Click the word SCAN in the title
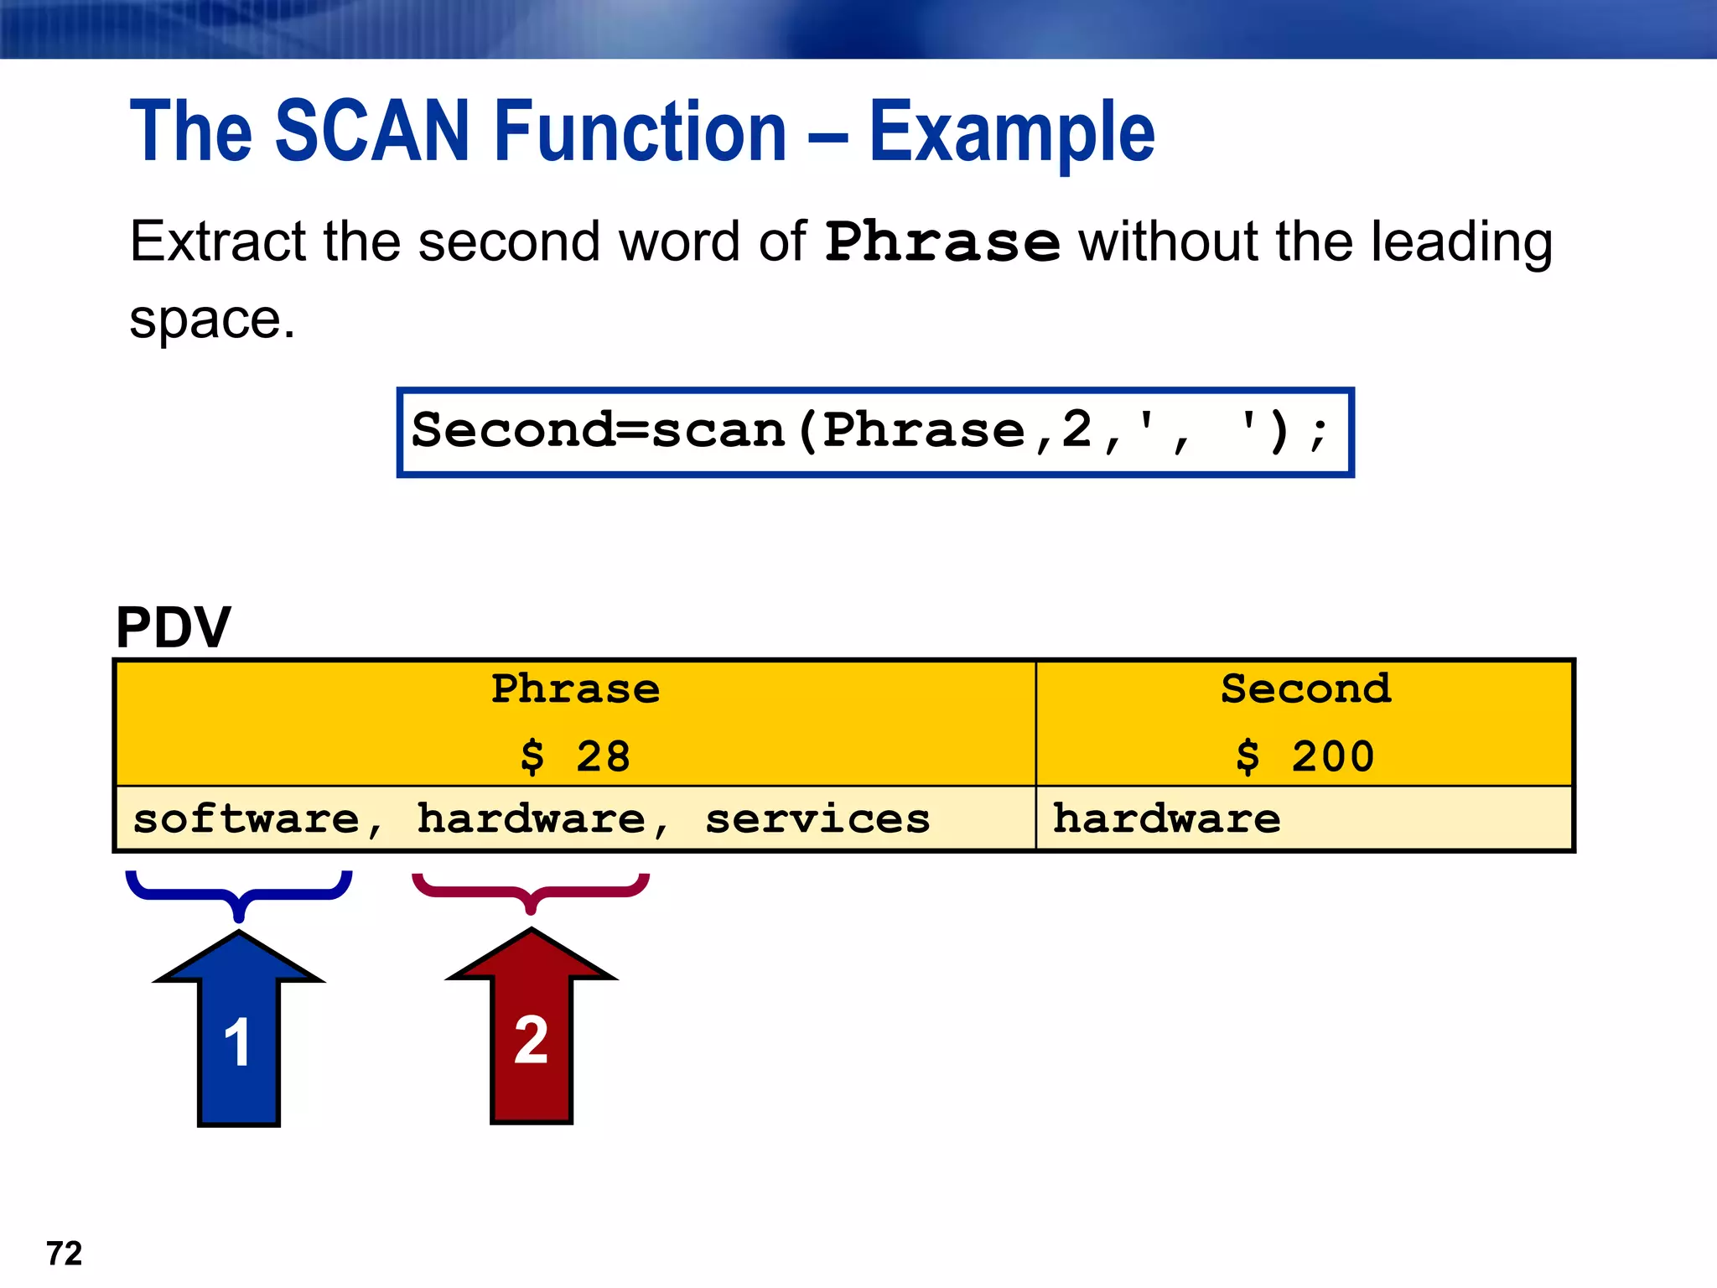371,132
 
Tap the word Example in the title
1011,133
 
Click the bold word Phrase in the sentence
942,243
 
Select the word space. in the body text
212,320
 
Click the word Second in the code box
513,431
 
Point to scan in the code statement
718,431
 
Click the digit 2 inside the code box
1076,431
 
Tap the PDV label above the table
173,627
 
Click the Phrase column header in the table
575,689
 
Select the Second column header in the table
1305,689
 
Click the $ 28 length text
575,756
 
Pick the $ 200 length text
1305,756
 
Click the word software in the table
246,819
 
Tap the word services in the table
817,819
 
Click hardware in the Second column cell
1166,819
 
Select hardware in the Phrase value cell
532,819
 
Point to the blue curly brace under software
239,893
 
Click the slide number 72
65,1254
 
